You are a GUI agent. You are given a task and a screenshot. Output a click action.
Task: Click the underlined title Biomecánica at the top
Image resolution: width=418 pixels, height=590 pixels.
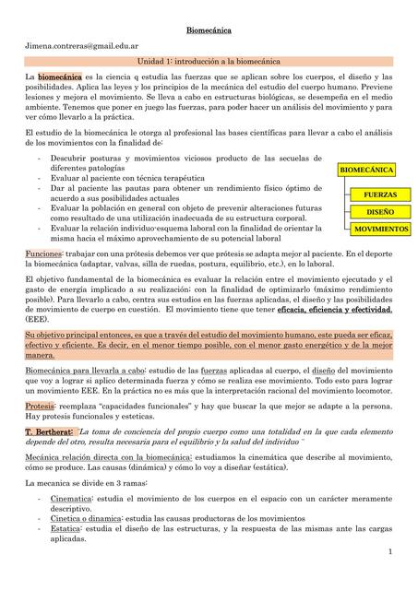click(x=209, y=29)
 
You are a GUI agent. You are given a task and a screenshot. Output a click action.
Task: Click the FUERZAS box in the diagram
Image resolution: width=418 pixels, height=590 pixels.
click(x=381, y=196)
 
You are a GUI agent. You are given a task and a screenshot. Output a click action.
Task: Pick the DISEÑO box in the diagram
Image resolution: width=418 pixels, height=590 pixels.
click(x=381, y=212)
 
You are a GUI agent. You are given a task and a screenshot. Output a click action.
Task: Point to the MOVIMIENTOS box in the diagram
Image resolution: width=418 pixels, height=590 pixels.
click(x=381, y=228)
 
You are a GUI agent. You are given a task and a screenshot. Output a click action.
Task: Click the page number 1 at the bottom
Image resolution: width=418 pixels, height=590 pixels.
click(x=390, y=550)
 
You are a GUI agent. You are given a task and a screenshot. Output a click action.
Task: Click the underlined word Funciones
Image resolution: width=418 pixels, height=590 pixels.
click(x=43, y=253)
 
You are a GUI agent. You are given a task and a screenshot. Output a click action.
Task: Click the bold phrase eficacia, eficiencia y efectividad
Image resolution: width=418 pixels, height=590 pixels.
click(x=334, y=311)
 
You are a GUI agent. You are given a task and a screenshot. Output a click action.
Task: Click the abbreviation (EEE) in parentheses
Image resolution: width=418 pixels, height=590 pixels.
click(x=39, y=320)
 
